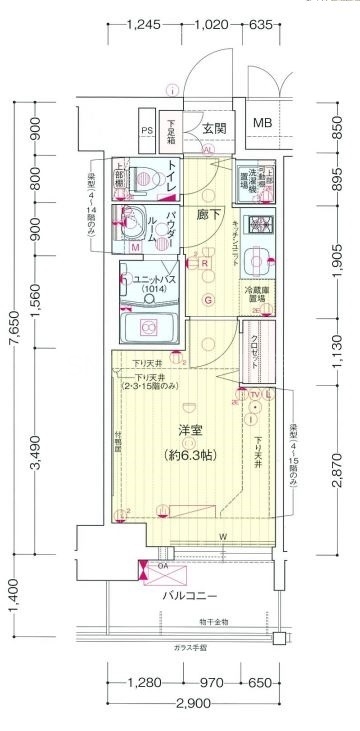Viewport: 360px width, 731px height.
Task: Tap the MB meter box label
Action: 262,123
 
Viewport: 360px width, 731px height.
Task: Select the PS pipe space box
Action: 146,131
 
